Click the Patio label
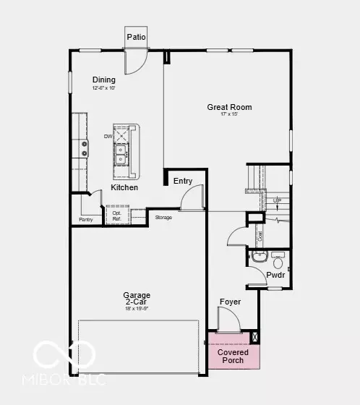pyautogui.click(x=135, y=37)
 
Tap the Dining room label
pyautogui.click(x=104, y=80)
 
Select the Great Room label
pyautogui.click(x=229, y=107)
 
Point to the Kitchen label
pyautogui.click(x=124, y=187)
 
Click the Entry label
pyautogui.click(x=183, y=181)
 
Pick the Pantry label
pyautogui.click(x=86, y=220)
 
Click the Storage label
pyautogui.click(x=163, y=217)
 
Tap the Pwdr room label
pyautogui.click(x=275, y=276)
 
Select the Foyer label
pyautogui.click(x=230, y=302)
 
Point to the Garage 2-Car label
pyautogui.click(x=136, y=299)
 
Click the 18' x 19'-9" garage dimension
pyautogui.click(x=136, y=309)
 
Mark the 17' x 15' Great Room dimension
pyautogui.click(x=229, y=116)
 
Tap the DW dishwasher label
pyautogui.click(x=108, y=136)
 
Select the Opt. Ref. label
pyautogui.click(x=116, y=216)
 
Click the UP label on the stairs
pyautogui.click(x=275, y=200)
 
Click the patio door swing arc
pyautogui.click(x=134, y=62)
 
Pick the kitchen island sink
pyautogui.click(x=123, y=153)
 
